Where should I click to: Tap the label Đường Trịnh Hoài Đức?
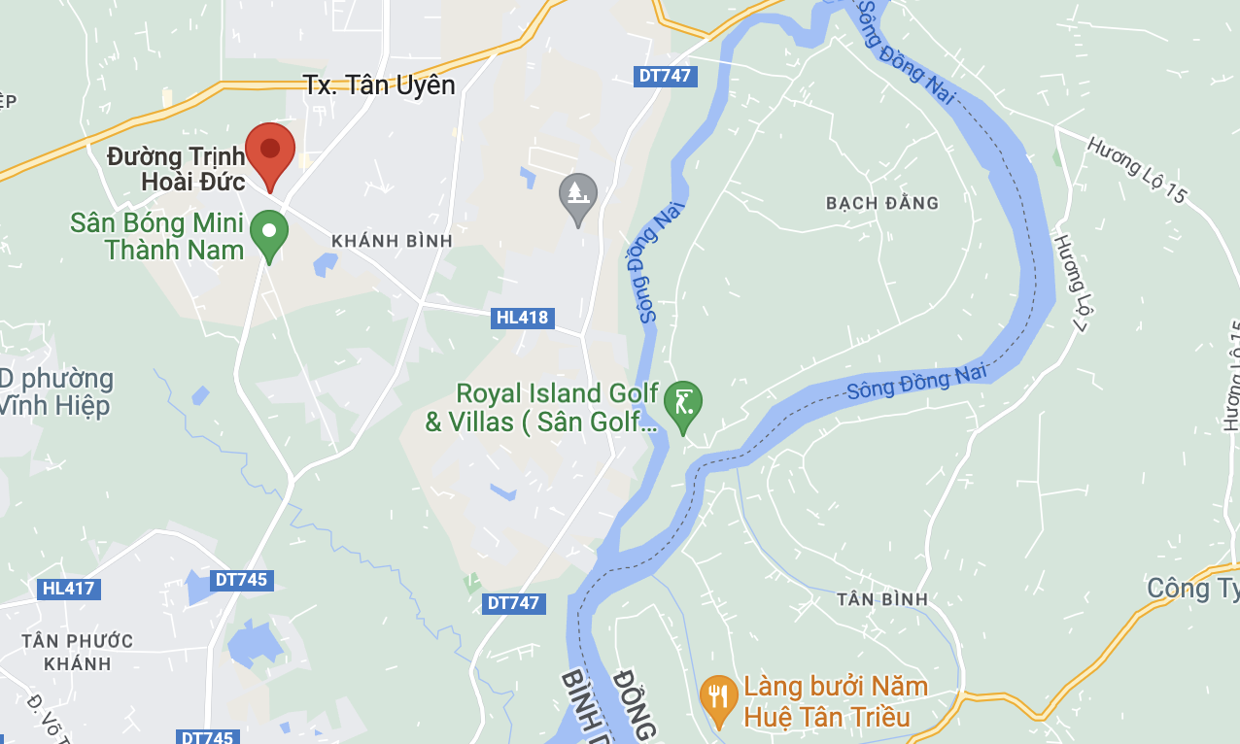[x=176, y=168]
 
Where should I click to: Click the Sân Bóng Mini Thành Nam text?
[x=156, y=236]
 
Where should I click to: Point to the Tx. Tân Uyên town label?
[x=379, y=85]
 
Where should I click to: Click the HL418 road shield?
[x=522, y=318]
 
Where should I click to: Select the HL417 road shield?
[x=70, y=588]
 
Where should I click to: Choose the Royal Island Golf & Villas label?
[x=541, y=408]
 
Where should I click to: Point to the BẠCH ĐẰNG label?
[x=882, y=203]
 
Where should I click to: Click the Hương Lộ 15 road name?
[x=1137, y=170]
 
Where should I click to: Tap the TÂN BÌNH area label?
[x=882, y=599]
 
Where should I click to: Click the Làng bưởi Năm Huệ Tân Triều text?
[x=827, y=702]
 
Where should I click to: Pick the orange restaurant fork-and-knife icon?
[x=718, y=699]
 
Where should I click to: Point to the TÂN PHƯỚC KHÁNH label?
[x=78, y=652]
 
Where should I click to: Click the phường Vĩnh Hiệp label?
[x=56, y=392]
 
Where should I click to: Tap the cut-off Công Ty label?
[x=1192, y=589]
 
